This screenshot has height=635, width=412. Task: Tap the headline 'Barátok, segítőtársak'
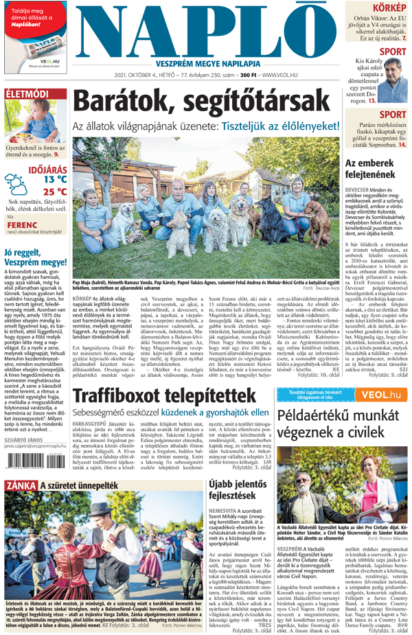(207, 103)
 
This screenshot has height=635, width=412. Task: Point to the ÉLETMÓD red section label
(27, 93)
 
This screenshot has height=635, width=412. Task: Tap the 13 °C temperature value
(54, 179)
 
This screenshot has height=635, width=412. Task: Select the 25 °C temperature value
(54, 192)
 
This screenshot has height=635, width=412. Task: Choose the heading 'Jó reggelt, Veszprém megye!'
(34, 258)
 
